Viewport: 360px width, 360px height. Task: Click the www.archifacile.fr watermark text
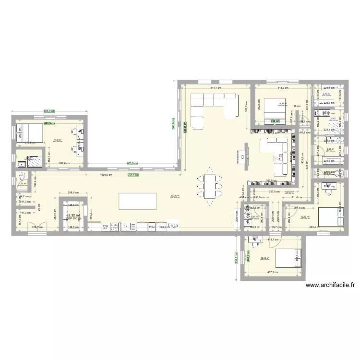[330, 285]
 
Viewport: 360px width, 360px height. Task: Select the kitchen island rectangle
[137, 201]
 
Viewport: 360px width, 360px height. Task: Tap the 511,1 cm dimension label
[215, 88]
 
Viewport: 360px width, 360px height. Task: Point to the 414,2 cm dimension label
[282, 88]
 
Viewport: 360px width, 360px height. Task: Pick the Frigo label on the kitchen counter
[172, 226]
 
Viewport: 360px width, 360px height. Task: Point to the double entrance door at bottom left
[36, 228]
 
